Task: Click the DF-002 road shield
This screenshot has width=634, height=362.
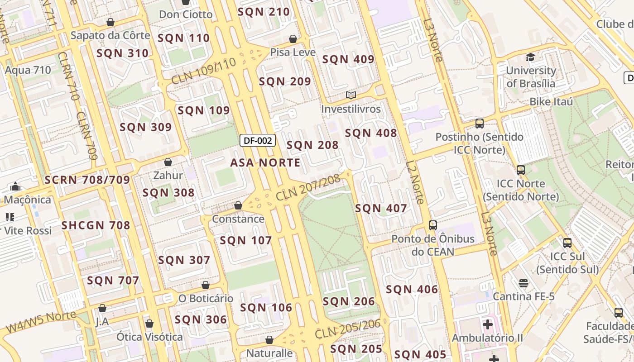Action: point(258,140)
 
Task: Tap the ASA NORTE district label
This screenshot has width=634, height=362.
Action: point(265,163)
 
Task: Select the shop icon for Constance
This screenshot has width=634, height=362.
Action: point(238,206)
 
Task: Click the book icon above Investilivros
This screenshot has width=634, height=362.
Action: point(351,95)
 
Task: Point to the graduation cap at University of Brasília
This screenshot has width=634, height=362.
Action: point(530,57)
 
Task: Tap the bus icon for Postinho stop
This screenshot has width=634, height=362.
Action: point(479,123)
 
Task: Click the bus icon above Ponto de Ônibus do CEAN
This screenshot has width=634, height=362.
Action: point(433,225)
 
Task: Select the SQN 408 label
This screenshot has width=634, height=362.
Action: point(371,133)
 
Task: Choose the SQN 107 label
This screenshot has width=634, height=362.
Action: point(246,241)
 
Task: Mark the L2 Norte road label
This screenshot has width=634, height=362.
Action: point(415,182)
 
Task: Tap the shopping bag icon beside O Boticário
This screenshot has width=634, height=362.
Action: point(206,285)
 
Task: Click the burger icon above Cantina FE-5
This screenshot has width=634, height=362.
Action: point(524,283)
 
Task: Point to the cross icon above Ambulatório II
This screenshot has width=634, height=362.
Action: point(487,324)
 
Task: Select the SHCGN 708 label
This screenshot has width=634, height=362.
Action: point(96,225)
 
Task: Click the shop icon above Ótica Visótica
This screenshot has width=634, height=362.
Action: point(149,324)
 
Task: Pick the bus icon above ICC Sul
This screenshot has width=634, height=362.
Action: point(567,243)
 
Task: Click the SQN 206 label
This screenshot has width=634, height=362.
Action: point(349,302)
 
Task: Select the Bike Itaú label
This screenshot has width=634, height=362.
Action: point(551,102)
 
